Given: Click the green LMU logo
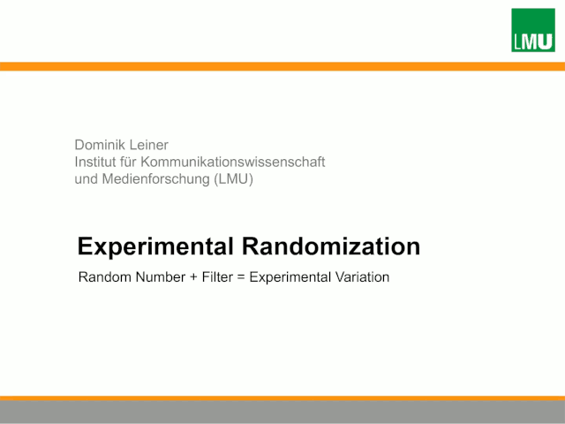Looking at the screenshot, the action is click(533, 30).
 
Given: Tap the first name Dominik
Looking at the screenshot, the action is click(100, 145).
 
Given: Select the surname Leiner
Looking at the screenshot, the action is click(149, 145).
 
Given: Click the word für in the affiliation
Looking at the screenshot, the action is click(128, 162).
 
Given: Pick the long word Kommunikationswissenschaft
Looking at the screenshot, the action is click(233, 162).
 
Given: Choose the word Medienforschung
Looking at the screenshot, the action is click(156, 179).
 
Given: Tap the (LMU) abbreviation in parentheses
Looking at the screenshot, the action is click(233, 179).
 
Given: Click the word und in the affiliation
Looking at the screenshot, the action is click(87, 179).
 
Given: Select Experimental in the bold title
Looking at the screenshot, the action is click(155, 246).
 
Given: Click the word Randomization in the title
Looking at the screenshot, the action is click(331, 246).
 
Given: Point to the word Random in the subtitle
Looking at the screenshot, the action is click(105, 277).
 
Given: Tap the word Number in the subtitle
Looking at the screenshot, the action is click(161, 277).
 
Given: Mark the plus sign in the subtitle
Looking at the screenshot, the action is click(193, 277).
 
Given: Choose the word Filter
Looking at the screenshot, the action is click(217, 277).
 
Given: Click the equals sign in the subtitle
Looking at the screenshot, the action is click(241, 277).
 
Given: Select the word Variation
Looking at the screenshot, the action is click(362, 277).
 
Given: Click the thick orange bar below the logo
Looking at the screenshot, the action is click(282, 66).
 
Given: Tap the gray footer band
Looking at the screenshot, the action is click(282, 413).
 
